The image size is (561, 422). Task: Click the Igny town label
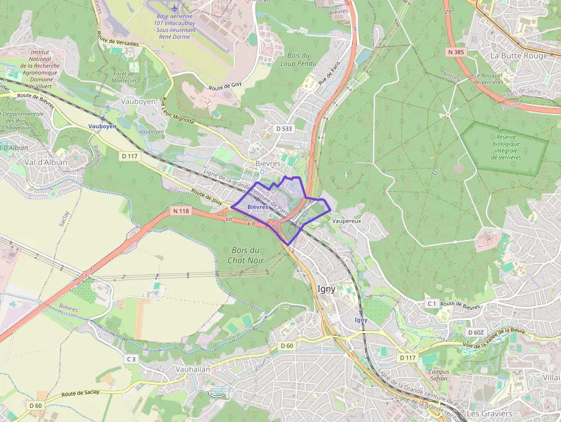coord(326,289)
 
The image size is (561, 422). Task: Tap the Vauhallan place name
coord(193,369)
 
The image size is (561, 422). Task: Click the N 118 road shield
coord(180,211)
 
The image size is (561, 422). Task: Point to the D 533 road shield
coord(283,129)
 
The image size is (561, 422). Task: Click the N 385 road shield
coord(456,52)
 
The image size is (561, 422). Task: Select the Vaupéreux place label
coord(347,220)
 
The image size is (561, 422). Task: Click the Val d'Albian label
coord(46,162)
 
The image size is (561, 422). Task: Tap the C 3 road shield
coord(131,359)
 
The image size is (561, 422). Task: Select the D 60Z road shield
coord(476,332)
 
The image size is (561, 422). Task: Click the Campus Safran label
coord(439,375)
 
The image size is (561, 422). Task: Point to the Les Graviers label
coord(489,413)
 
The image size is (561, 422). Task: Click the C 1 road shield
coord(432,303)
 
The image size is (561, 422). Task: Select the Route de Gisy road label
coord(226,86)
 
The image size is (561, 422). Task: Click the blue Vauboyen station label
coord(102,126)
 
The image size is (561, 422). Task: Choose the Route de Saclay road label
coord(80,393)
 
